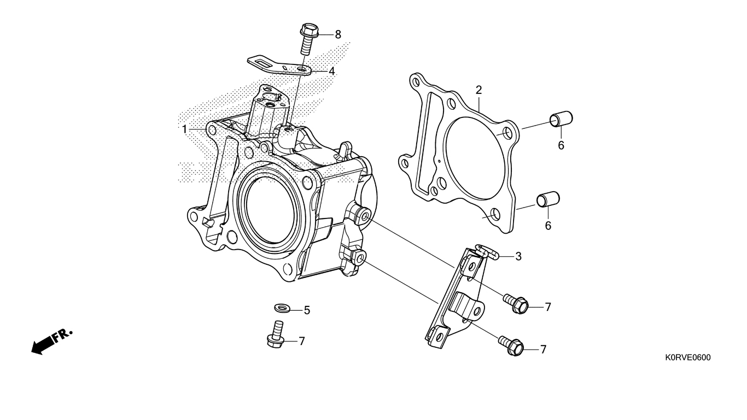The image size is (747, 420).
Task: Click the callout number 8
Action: click(x=338, y=34)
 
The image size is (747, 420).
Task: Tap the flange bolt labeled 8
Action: click(x=308, y=38)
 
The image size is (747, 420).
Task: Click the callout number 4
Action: click(x=331, y=72)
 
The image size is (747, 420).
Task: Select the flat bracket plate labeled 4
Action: click(x=279, y=67)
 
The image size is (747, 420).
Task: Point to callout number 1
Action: click(x=184, y=129)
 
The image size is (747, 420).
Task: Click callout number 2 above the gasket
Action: click(x=478, y=90)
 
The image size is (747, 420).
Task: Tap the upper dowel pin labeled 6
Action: click(x=561, y=119)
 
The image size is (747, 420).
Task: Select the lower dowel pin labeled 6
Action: click(x=548, y=199)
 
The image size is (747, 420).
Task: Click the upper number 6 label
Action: click(x=561, y=145)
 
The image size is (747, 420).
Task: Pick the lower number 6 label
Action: click(x=548, y=226)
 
